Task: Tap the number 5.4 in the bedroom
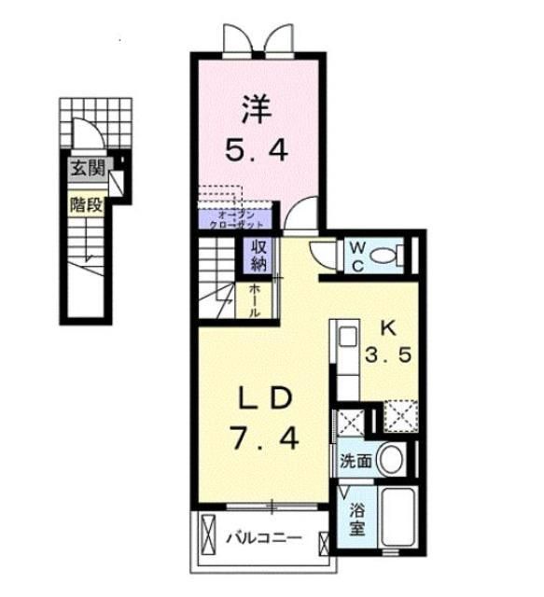click(258, 149)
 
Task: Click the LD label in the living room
click(264, 397)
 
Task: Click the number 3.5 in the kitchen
click(388, 356)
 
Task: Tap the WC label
click(357, 253)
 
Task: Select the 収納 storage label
click(258, 255)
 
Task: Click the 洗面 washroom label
click(356, 461)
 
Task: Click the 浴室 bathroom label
click(356, 519)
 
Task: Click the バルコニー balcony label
click(263, 538)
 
